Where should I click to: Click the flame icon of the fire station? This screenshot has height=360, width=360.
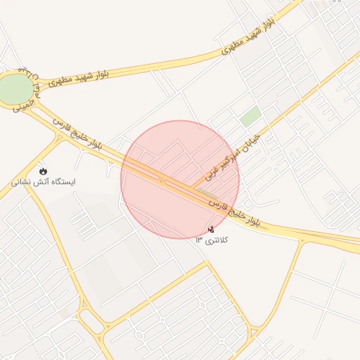(x=44, y=170)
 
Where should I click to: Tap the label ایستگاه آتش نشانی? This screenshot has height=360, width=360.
(x=44, y=182)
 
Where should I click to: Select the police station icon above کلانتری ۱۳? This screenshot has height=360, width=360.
(x=212, y=229)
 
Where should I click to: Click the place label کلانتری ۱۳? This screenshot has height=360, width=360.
(x=212, y=240)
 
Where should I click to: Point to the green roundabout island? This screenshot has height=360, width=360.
(x=15, y=89)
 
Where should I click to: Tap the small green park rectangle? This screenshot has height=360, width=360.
(x=250, y=116)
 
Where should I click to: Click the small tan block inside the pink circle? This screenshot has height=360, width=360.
(x=206, y=191)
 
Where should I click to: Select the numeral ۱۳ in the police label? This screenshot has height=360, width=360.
(x=199, y=240)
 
